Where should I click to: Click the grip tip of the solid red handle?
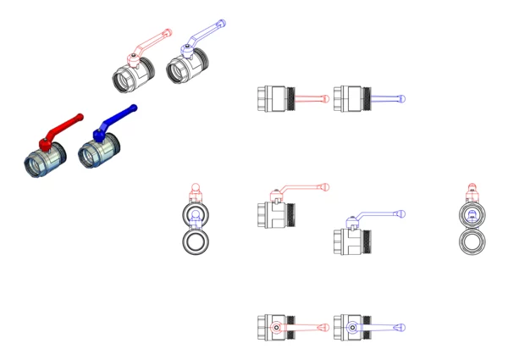point(80,114)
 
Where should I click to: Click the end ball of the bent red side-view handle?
point(325,187)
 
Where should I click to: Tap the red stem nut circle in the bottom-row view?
point(277,327)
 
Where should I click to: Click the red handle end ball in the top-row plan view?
point(326,98)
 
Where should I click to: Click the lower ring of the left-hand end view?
point(196,243)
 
